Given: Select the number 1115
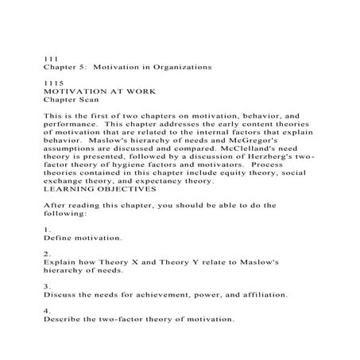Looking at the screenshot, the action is tap(52, 84).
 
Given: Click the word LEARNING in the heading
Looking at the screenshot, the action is tap(67, 190).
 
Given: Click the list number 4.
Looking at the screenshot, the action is tap(46, 311).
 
